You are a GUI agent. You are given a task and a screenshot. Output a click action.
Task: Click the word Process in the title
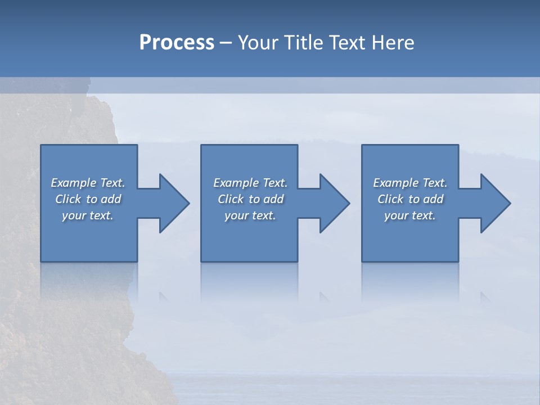[x=177, y=43]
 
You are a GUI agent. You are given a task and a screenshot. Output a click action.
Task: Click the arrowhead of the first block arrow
[x=174, y=203]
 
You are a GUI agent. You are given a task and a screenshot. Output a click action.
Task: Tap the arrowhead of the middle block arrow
[x=334, y=203]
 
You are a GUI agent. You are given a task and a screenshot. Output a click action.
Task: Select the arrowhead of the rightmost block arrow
[x=495, y=203]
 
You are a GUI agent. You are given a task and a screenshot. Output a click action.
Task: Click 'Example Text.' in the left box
[x=88, y=183]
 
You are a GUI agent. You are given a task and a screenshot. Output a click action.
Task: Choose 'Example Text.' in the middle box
[x=250, y=183]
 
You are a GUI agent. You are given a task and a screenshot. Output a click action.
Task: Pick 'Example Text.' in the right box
[x=410, y=183]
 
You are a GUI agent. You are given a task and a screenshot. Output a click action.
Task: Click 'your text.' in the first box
[x=88, y=215]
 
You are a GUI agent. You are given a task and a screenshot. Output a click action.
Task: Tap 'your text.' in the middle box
[x=250, y=215]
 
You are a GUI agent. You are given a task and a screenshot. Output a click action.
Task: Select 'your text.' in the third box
[x=410, y=215]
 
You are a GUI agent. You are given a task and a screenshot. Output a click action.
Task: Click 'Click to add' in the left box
[x=88, y=199]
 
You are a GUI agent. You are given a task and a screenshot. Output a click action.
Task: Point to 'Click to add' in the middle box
[x=250, y=199]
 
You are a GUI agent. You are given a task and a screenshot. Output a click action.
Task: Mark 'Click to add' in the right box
[x=410, y=199]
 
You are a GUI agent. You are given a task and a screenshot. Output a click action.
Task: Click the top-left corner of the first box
[x=42, y=146]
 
